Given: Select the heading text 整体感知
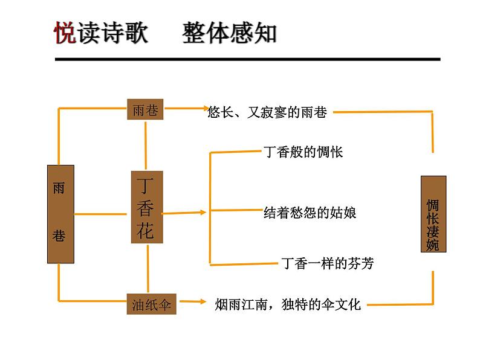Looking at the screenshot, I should click(229, 33).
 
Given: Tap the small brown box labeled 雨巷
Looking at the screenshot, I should click(146, 109).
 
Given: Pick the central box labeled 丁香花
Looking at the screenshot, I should click(147, 208).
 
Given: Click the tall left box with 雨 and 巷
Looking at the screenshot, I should click(60, 214).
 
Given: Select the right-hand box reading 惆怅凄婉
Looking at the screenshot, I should click(433, 213).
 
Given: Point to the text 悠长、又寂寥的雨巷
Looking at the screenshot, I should click(267, 112).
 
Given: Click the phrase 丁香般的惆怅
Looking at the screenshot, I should click(303, 152).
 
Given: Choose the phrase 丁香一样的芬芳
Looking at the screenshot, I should click(328, 263).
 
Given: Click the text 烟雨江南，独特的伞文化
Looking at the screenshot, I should click(288, 304).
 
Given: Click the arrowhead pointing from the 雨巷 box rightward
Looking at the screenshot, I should click(203, 109).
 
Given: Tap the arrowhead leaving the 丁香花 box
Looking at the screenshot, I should click(203, 212).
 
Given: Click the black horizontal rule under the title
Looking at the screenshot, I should click(248, 59).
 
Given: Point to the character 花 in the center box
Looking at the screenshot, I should click(146, 230).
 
